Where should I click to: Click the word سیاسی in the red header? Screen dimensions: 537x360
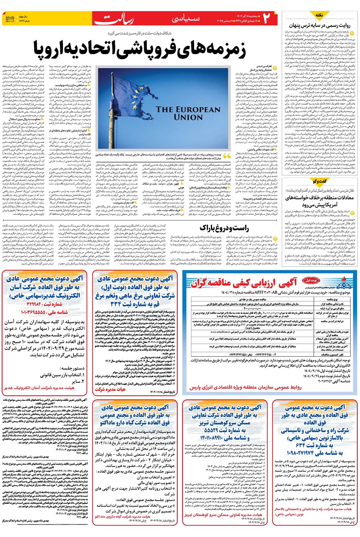[186, 18]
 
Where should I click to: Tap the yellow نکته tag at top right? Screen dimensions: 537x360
[319, 15]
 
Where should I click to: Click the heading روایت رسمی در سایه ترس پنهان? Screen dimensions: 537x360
[319, 25]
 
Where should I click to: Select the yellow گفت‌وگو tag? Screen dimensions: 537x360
[320, 181]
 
